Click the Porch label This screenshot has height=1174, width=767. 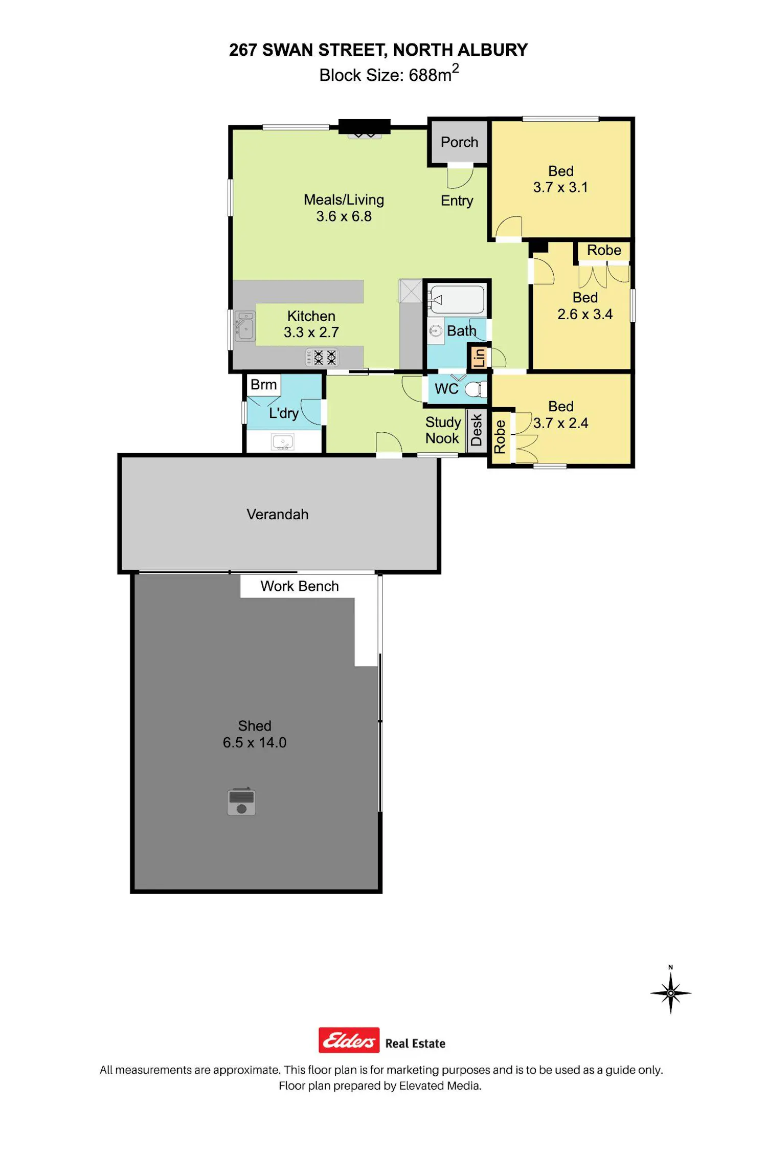459,142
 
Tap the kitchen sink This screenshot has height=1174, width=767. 245,326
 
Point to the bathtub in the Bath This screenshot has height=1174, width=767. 457,299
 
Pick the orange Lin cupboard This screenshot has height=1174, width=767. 479,357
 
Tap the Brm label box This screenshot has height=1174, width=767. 263,385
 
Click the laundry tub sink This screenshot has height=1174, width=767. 283,441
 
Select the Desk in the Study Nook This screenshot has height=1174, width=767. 476,430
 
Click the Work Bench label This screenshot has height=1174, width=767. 300,586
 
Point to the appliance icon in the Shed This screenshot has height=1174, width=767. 241,801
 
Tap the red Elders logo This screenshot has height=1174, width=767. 349,1040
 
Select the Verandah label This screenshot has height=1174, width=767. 278,514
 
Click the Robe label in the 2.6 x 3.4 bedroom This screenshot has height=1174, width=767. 604,250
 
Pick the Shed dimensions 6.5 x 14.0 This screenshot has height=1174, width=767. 255,742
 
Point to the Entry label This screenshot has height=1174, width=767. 457,201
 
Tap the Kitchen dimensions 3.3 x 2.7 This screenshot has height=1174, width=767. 311,332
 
